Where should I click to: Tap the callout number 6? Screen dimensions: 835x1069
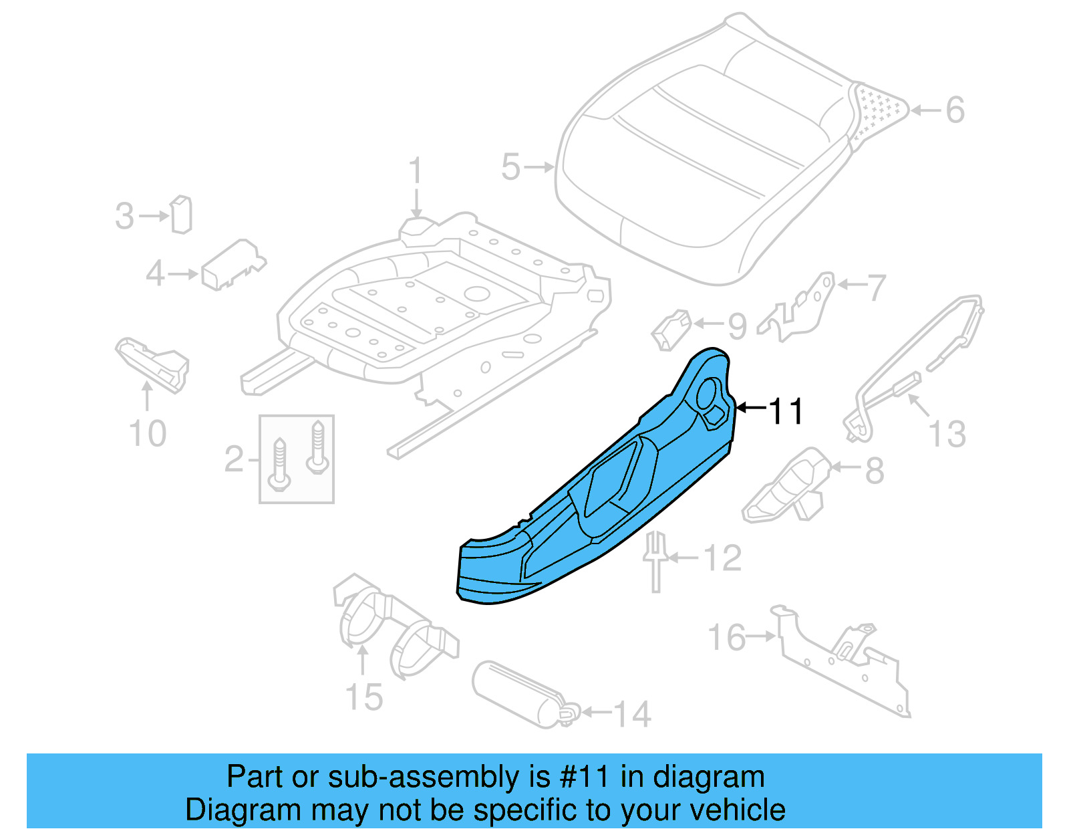click(x=955, y=110)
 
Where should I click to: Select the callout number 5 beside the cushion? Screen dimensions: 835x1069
click(x=510, y=166)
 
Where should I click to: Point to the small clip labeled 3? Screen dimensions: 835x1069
click(x=181, y=215)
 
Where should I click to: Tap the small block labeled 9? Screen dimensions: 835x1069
click(x=671, y=329)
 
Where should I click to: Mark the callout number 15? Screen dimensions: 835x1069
click(x=364, y=697)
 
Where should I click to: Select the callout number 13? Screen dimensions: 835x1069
click(x=947, y=435)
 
